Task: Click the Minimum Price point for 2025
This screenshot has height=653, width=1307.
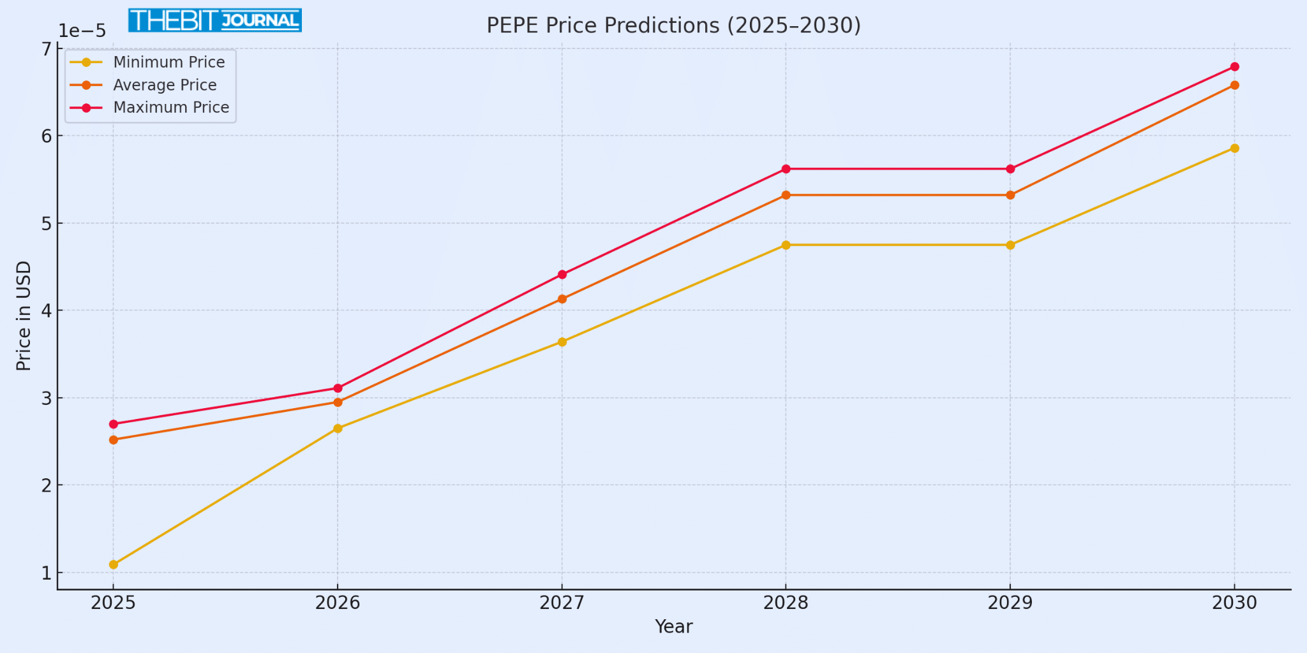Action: pyautogui.click(x=114, y=564)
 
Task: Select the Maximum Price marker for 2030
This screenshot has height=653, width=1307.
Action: pyautogui.click(x=1234, y=67)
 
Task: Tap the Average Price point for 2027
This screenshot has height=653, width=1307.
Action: pyautogui.click(x=562, y=299)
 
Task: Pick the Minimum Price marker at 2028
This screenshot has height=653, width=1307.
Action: pyautogui.click(x=786, y=245)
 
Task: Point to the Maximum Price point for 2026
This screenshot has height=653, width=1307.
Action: pyautogui.click(x=338, y=388)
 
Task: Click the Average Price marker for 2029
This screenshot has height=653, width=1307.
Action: pyautogui.click(x=1010, y=195)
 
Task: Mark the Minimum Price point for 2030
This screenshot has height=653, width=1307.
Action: pyautogui.click(x=1234, y=149)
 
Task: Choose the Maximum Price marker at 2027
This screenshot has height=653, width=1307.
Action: pyautogui.click(x=562, y=275)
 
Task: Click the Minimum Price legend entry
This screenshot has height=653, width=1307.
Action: pyautogui.click(x=168, y=62)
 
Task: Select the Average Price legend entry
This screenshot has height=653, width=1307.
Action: pyautogui.click(x=165, y=85)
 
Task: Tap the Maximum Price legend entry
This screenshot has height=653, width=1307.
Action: pyautogui.click(x=171, y=107)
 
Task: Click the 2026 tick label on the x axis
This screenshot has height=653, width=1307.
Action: pyautogui.click(x=338, y=603)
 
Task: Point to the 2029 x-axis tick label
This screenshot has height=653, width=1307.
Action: pyautogui.click(x=1010, y=603)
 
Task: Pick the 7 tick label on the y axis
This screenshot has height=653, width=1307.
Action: pyautogui.click(x=47, y=50)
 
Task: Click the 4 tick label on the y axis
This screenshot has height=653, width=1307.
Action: pyautogui.click(x=47, y=311)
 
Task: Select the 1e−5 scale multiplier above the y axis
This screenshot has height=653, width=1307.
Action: pyautogui.click(x=82, y=31)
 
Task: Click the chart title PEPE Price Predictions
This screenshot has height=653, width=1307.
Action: pyautogui.click(x=673, y=26)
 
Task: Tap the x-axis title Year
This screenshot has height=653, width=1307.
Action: pyautogui.click(x=673, y=627)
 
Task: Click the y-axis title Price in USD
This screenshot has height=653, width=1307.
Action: pyautogui.click(x=24, y=316)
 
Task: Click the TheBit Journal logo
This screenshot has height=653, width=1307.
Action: pyautogui.click(x=215, y=20)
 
